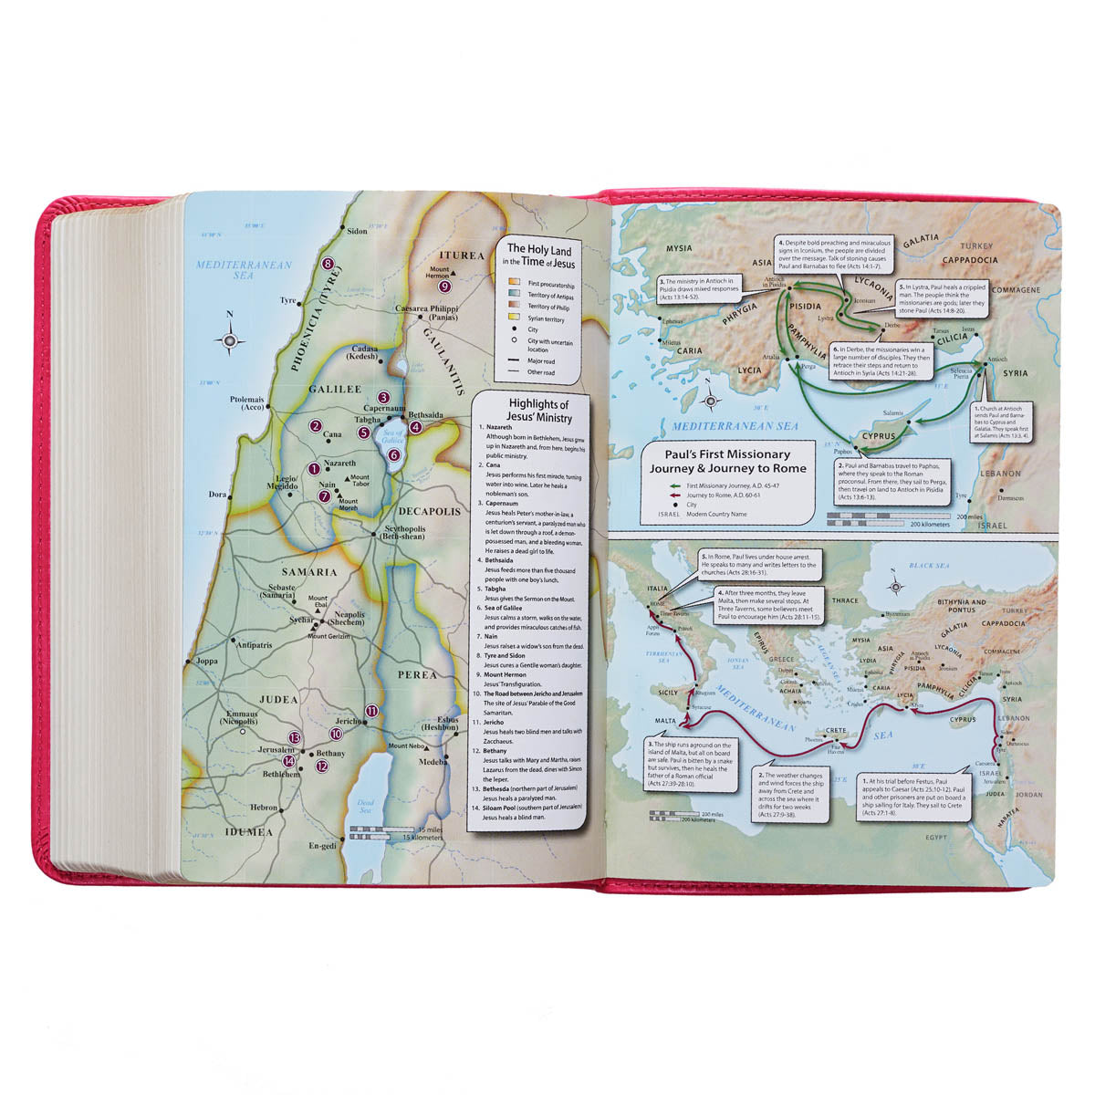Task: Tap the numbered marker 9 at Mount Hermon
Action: [x=444, y=286]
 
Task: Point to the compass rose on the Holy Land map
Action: [x=229, y=340]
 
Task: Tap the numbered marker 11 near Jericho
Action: [x=370, y=711]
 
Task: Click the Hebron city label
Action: [x=265, y=808]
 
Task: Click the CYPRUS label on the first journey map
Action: [x=879, y=437]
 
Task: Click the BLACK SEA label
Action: [x=930, y=566]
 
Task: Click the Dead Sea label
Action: [x=365, y=806]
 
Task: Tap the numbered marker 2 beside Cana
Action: [x=315, y=425]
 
